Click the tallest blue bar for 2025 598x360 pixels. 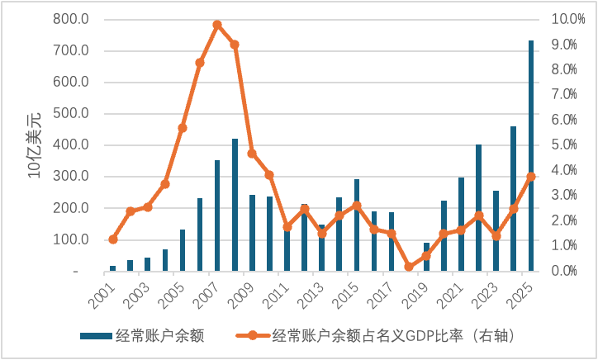click(x=531, y=157)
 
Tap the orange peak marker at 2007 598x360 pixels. click(x=217, y=25)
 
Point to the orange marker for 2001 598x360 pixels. click(x=112, y=239)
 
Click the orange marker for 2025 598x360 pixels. click(x=531, y=177)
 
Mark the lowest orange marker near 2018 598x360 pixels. click(x=409, y=267)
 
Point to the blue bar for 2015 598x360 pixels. click(x=357, y=225)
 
